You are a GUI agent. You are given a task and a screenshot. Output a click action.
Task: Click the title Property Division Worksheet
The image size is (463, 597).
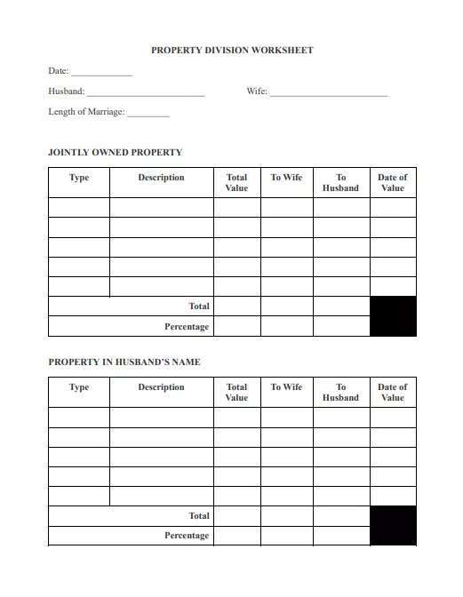pos(232,51)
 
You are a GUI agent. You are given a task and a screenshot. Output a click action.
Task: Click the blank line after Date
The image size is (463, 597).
pos(101,73)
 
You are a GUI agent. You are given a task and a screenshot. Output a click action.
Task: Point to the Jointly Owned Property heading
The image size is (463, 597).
pos(115,153)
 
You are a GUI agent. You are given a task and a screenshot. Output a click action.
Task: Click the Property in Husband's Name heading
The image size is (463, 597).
pos(124,362)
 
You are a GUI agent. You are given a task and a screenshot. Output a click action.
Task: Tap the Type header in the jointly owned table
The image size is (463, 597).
pos(79,178)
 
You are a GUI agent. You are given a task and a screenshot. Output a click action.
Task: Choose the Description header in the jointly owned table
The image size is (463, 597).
pos(161,178)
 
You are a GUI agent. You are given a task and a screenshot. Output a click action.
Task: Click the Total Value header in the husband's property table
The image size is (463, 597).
pos(237,393)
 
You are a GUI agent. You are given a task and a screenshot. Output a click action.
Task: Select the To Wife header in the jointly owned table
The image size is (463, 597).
pos(286,178)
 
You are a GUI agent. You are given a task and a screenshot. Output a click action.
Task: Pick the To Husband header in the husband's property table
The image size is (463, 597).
pos(340,393)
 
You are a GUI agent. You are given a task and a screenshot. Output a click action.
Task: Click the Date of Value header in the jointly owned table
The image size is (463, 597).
pos(392,183)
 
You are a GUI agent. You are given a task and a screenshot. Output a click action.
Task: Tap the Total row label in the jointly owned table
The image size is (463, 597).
pos(199,306)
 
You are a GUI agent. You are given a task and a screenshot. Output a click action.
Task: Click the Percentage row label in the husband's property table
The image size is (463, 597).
pos(187,536)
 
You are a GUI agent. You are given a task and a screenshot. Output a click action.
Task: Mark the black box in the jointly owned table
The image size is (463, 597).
pos(393,316)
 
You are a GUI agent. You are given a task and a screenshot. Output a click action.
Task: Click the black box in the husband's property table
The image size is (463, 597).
pos(393,526)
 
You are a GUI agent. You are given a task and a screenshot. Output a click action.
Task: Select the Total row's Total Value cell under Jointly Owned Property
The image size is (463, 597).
pos(237,306)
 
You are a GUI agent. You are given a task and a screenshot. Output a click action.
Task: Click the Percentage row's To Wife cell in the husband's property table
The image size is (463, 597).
pos(286,536)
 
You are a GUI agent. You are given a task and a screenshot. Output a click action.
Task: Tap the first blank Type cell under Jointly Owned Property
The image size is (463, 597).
pos(79,207)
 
